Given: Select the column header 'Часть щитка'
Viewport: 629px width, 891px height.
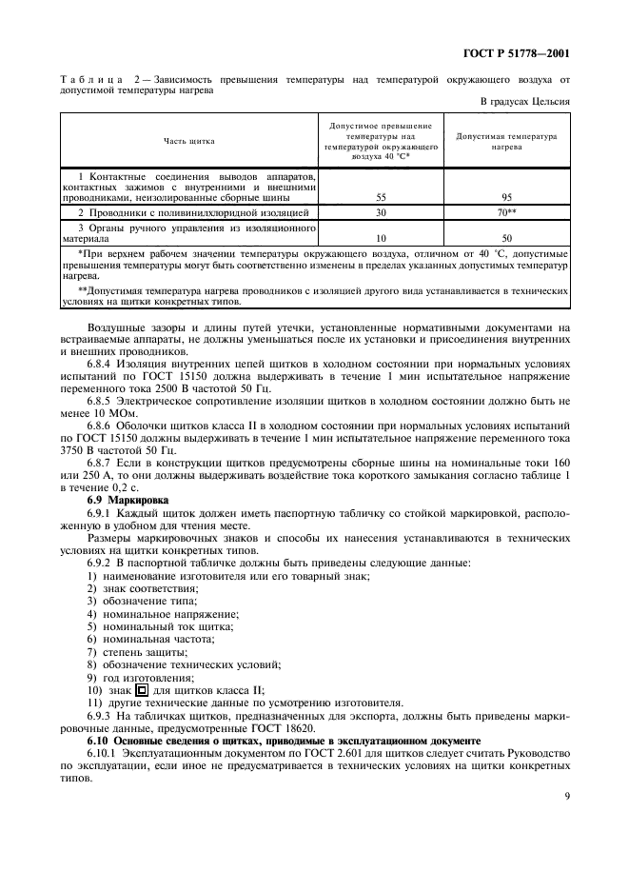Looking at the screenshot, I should coord(189,141).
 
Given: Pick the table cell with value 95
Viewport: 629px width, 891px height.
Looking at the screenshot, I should coord(506,198).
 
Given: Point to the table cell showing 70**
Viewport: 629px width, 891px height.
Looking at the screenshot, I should coord(506,213).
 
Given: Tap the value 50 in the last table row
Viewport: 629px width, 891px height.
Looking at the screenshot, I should coord(506,239).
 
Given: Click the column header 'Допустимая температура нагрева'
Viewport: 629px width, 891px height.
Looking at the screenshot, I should coord(506,142).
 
